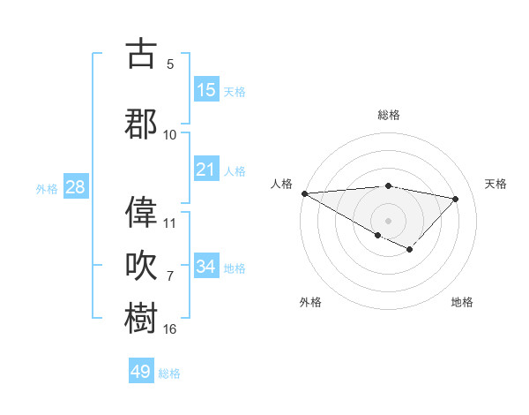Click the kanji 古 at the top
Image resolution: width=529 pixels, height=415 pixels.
(x=142, y=54)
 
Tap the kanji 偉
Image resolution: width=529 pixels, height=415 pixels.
(x=142, y=211)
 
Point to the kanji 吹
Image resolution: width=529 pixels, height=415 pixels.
(x=142, y=265)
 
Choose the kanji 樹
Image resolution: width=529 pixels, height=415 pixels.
(x=142, y=318)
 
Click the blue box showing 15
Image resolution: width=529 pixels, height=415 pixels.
(x=206, y=90)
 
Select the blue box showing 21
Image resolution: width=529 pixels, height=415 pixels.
(x=206, y=170)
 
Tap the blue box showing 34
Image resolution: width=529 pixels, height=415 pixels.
(x=206, y=266)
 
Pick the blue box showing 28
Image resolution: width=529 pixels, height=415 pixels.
(x=75, y=187)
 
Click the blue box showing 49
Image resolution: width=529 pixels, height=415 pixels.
(x=141, y=372)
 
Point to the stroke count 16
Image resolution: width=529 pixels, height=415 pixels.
(x=170, y=329)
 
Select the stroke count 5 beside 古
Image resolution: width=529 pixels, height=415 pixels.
(x=170, y=64)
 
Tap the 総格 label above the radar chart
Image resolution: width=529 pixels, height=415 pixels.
(x=388, y=115)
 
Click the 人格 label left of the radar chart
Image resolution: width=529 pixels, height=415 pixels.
(x=281, y=184)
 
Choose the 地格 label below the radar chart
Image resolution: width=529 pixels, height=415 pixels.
(x=462, y=303)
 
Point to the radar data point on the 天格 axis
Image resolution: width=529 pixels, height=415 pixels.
(x=456, y=199)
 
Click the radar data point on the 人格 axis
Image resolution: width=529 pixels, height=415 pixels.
(x=304, y=193)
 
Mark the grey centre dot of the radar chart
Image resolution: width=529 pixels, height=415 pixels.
(x=388, y=220)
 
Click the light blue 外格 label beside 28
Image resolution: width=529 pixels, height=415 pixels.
(x=47, y=188)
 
